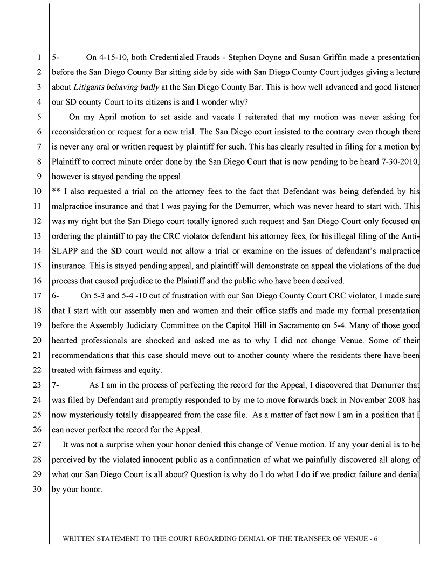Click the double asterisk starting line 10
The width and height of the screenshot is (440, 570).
(55, 191)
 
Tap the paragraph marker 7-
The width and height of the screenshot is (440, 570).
(55, 385)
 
